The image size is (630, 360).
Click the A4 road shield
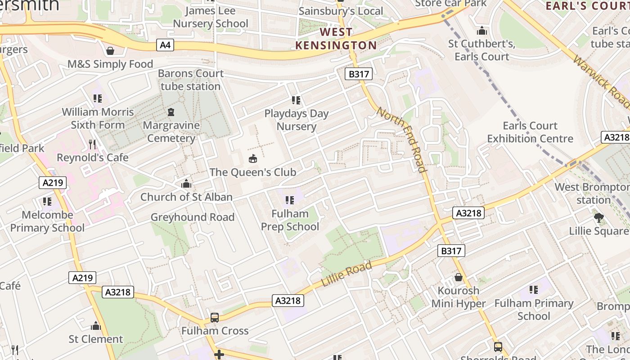165,45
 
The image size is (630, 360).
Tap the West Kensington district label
336,39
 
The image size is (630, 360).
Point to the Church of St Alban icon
186,184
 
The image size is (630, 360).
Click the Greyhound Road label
193,217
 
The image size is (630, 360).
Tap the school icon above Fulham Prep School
290,200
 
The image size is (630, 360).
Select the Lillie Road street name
347,274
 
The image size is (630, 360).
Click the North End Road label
401,139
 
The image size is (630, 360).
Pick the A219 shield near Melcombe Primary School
53,182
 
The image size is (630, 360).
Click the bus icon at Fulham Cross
215,318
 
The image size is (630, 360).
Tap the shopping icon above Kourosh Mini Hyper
459,277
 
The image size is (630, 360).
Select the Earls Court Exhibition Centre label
530,132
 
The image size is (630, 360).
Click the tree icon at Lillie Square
598,218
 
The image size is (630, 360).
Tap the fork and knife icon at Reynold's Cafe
92,144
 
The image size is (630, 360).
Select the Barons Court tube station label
191,80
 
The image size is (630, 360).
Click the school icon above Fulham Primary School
534,290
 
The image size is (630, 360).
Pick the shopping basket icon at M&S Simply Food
110,51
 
